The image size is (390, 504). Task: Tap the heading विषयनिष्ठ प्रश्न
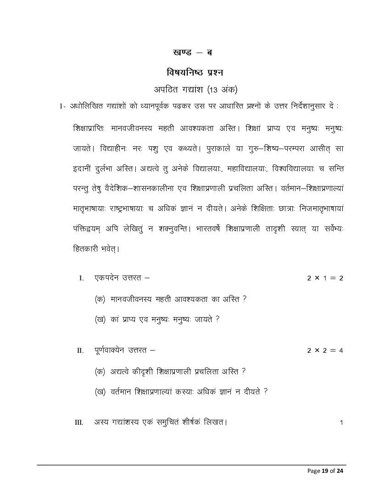195,72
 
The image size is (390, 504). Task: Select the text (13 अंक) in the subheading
222,89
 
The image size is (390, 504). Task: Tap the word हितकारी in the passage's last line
89,249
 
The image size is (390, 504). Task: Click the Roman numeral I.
81,278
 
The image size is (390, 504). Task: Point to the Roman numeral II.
80,351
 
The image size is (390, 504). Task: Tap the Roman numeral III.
79,422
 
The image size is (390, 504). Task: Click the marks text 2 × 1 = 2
325,278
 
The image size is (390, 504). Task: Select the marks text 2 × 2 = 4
325,351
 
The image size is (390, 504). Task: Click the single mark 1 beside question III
341,422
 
